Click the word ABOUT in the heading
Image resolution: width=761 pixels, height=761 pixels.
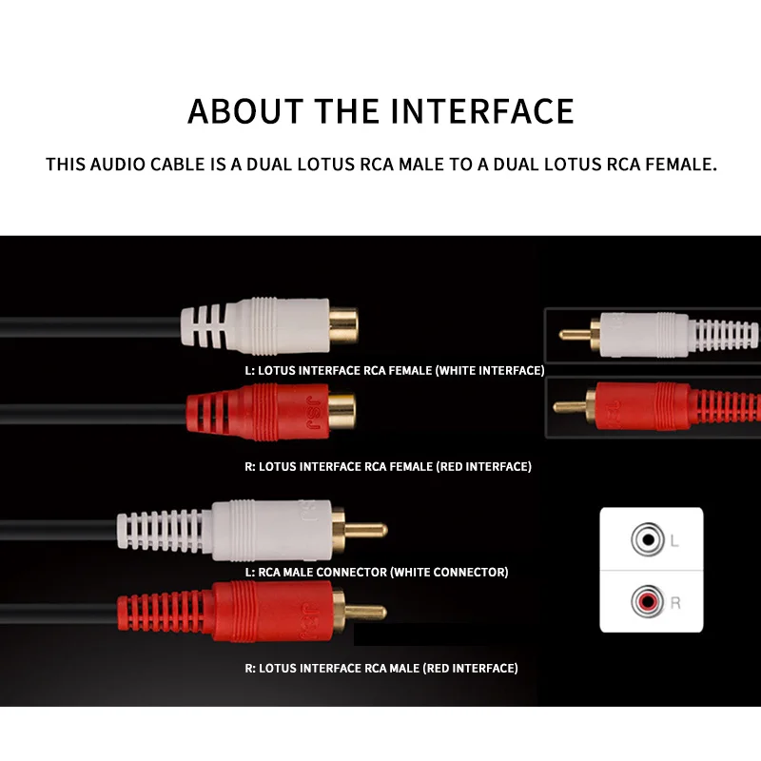pos(245,111)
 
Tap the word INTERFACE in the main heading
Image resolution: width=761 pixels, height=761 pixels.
pos(482,111)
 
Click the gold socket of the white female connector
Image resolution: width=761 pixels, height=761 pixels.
pos(343,325)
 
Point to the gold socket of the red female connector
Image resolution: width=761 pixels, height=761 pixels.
pos(341,411)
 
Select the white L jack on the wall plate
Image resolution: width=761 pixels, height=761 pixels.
pos(648,539)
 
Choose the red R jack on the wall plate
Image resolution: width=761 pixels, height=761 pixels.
pos(648,602)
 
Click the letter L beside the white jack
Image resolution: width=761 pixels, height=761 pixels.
pos(674,540)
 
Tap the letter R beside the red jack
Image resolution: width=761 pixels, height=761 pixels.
pos(675,603)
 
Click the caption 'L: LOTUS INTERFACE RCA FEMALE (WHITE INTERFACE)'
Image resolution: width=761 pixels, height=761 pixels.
pos(395,371)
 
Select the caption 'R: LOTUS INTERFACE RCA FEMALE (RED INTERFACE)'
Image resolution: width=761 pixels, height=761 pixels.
pos(388,467)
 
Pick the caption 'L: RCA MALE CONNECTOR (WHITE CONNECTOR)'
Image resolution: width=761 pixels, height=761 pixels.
pos(377,573)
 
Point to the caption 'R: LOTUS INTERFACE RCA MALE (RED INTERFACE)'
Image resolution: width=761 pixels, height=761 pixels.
pos(381,669)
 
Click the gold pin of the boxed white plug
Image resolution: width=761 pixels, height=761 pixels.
pos(575,335)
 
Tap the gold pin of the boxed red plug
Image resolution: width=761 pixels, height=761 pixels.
pos(570,406)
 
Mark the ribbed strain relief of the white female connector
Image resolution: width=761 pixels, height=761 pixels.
pos(204,325)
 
